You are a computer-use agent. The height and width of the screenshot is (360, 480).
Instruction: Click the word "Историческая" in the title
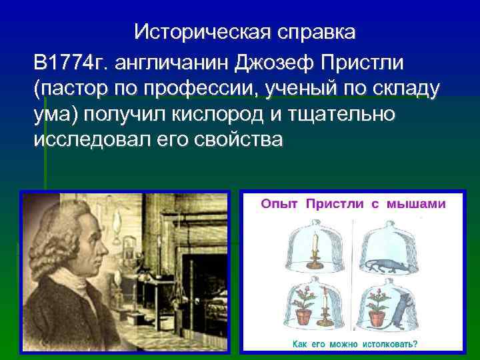tap(191, 32)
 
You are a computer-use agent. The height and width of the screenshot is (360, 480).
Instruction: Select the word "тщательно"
tap(341, 115)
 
